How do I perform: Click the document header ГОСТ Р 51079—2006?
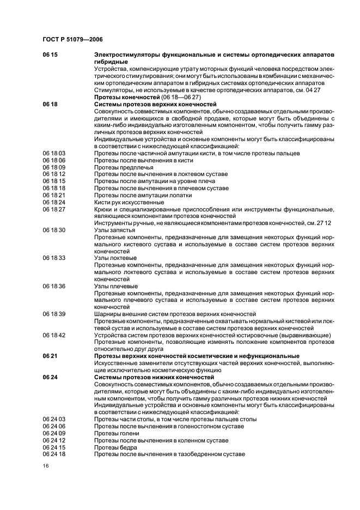click(72, 40)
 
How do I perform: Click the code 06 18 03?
click(54, 154)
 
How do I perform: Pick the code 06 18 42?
click(54, 335)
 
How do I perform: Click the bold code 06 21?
click(50, 356)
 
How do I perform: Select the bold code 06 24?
click(50, 377)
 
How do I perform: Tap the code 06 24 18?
click(54, 454)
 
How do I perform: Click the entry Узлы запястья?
click(115, 230)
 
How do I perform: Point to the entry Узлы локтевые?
click(115, 258)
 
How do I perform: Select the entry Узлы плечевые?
click(115, 286)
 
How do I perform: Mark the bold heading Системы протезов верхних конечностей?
click(155, 104)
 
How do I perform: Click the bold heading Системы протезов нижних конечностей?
click(154, 377)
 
